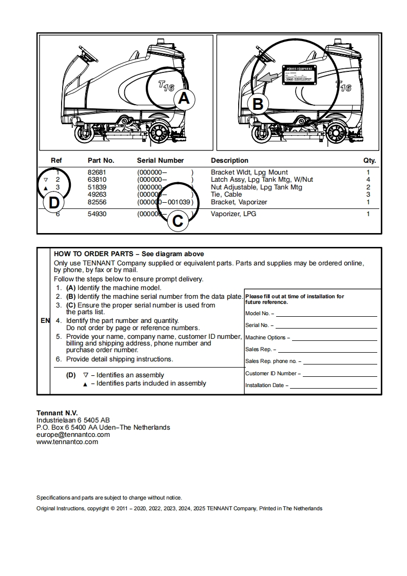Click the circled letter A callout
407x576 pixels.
pyautogui.click(x=183, y=99)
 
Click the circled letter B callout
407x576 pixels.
pyautogui.click(x=258, y=104)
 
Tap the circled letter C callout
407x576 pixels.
pyautogui.click(x=178, y=221)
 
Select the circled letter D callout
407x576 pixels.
pyautogui.click(x=54, y=203)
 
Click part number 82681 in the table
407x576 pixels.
pyautogui.click(x=97, y=172)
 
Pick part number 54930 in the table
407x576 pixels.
pyautogui.click(x=97, y=214)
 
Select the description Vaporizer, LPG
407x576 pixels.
pyautogui.click(x=234, y=214)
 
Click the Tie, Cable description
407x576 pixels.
pyautogui.click(x=226, y=195)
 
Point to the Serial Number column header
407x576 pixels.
pyautogui.click(x=160, y=161)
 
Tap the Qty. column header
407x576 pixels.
pyautogui.click(x=370, y=161)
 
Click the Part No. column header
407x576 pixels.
pyautogui.click(x=101, y=161)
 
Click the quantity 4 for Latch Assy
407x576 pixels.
pyautogui.click(x=368, y=180)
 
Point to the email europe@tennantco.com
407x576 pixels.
pyautogui.click(x=73, y=434)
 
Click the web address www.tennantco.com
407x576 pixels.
pyautogui.click(x=67, y=441)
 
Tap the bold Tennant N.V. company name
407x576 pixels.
pyautogui.click(x=57, y=413)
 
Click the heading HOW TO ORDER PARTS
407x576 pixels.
pyautogui.click(x=92, y=254)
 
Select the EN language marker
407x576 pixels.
pyautogui.click(x=45, y=321)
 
